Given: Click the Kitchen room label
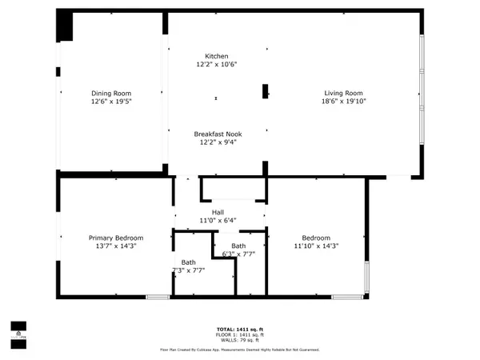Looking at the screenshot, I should coord(217,56).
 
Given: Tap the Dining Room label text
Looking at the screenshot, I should coord(110,94).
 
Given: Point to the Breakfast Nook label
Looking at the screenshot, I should coord(217,134).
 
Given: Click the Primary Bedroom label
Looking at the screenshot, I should coord(116,238).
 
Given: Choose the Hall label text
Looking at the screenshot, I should coord(218,211).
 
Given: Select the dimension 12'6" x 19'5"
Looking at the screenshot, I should coord(110,102).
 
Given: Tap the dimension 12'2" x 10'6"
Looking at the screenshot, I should coord(217,65).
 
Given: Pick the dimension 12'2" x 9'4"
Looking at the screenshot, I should coord(217,142).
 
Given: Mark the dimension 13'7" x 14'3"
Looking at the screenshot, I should coord(116,246).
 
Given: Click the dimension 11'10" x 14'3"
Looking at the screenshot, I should coord(316,246).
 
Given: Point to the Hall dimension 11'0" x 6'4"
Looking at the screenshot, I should coord(218,219).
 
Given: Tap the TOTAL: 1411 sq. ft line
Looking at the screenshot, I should coord(239,329).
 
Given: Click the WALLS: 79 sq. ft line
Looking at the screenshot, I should coord(239,340).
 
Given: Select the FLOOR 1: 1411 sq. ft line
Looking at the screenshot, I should coord(239,334).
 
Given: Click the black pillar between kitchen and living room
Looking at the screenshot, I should coord(266,91).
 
